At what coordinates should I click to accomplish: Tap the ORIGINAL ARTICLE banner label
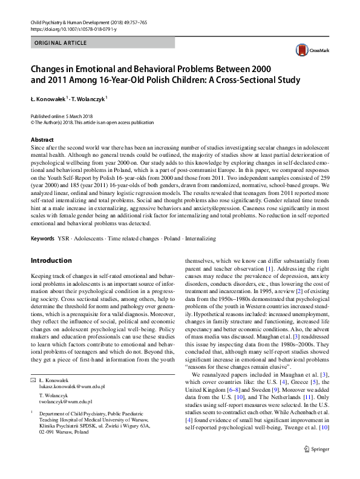(61, 44)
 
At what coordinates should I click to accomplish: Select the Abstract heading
(42, 140)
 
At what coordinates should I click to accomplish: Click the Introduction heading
(51, 261)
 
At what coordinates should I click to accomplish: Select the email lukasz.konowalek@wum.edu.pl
(68, 385)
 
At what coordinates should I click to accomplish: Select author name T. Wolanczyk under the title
(89, 98)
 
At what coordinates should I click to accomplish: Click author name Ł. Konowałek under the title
(49, 98)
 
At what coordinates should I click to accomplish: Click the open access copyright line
(85, 121)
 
